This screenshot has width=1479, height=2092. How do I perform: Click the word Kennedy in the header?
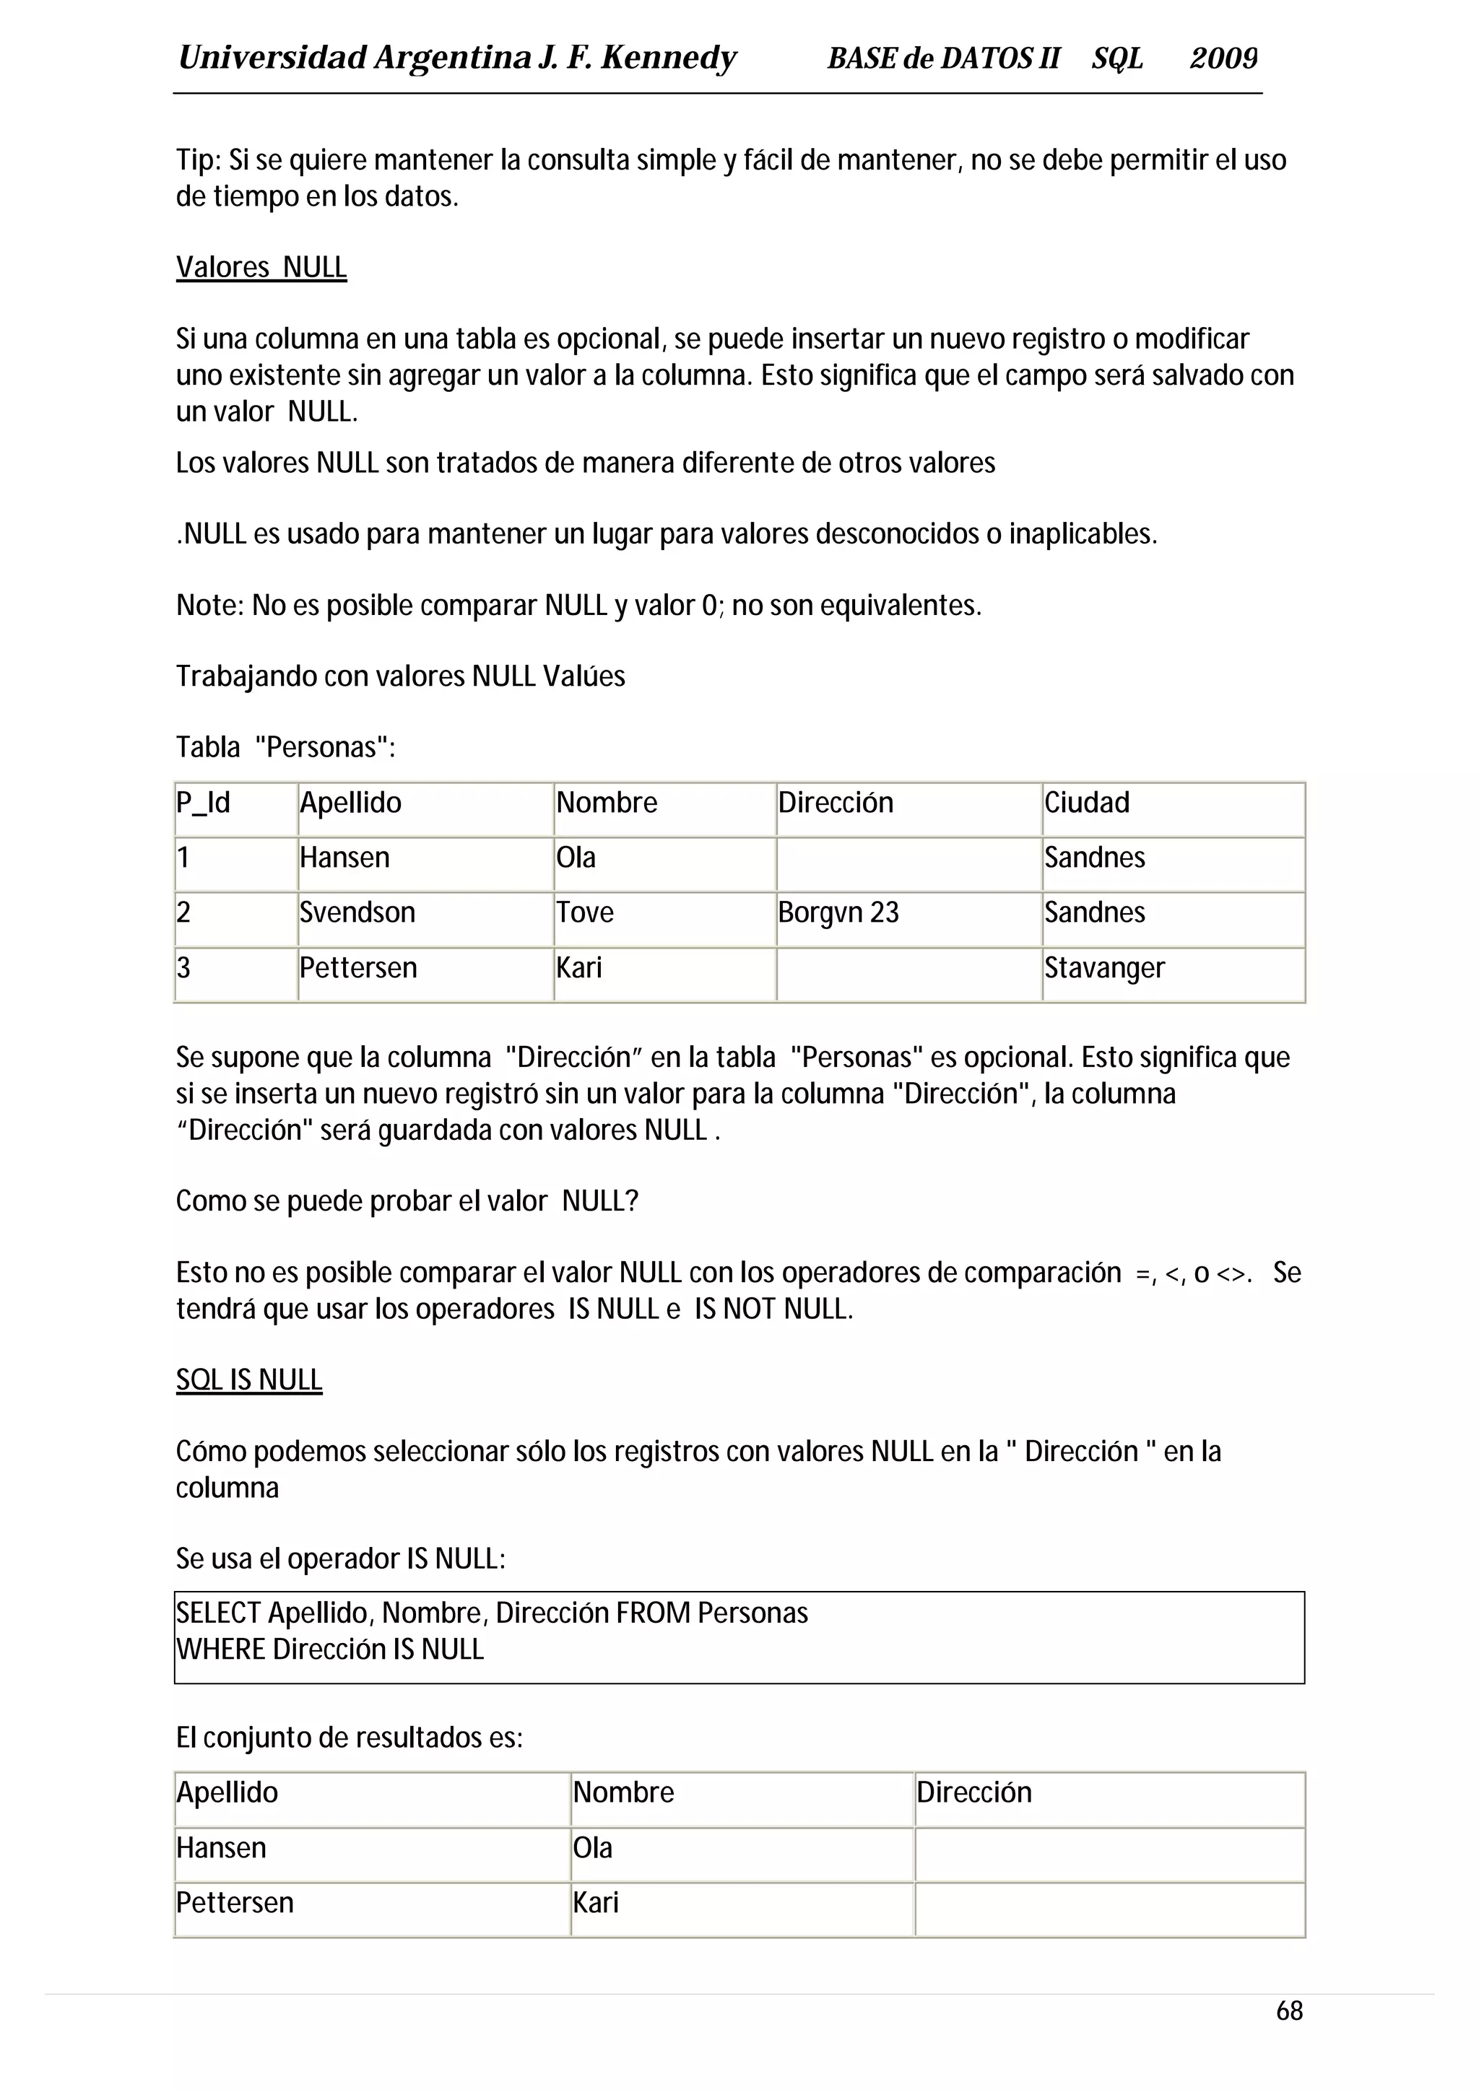[668, 58]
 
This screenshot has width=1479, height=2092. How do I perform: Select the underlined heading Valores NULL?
[261, 268]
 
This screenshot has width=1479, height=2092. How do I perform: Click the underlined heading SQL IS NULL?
[248, 1380]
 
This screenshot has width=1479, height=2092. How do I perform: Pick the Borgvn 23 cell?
[838, 912]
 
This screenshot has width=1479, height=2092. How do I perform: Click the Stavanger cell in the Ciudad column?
[1103, 967]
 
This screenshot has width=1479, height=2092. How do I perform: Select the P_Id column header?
[203, 803]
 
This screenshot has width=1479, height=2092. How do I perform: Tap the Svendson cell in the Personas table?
[357, 912]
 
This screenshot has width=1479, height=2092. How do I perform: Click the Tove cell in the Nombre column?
[585, 912]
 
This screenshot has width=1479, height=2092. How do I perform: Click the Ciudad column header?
[1086, 803]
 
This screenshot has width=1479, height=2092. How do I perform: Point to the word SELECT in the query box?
[219, 1613]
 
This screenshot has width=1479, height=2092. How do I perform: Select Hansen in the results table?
[222, 1848]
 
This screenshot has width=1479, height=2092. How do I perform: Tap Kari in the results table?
[596, 1902]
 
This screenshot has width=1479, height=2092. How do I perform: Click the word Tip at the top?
[198, 160]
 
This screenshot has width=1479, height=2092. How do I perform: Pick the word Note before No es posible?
[209, 606]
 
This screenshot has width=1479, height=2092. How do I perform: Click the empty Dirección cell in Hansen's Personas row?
[908, 858]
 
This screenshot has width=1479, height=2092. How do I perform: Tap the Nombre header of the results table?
[623, 1792]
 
